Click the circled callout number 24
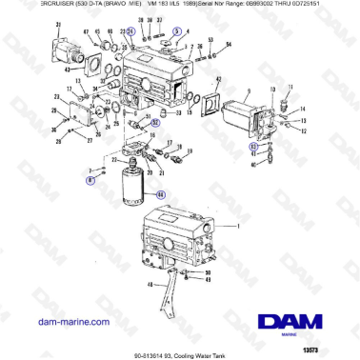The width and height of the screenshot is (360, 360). tap(130, 31)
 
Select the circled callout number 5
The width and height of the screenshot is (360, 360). tap(175, 31)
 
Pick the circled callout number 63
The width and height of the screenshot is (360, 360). tap(253, 148)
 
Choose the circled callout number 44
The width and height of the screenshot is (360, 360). tap(160, 194)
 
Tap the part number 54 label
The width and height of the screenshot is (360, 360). tap(228, 45)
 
